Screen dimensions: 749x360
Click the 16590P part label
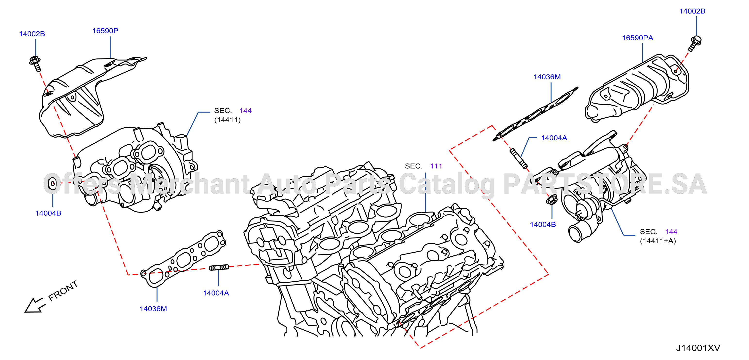click(x=105, y=31)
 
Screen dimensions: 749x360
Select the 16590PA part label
click(x=638, y=38)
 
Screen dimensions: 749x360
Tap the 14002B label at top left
click(x=32, y=34)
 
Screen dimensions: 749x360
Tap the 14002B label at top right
click(x=692, y=11)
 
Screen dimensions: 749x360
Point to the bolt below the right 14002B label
click(x=695, y=43)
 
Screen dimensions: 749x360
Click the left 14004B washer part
click(x=52, y=183)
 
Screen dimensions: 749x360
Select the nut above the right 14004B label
click(x=551, y=200)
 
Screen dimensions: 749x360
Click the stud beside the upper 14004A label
click(x=519, y=158)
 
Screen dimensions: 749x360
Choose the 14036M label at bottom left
click(x=153, y=309)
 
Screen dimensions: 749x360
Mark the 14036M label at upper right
click(x=547, y=77)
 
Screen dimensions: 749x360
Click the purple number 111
click(x=436, y=166)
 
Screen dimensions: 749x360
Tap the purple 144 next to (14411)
click(x=245, y=111)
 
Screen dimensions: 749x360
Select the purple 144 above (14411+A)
click(x=671, y=232)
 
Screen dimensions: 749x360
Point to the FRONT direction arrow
click(x=35, y=305)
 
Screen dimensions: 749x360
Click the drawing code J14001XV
click(x=698, y=348)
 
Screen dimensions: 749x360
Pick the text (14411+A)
click(x=658, y=241)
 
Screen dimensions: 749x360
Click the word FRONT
click(x=63, y=291)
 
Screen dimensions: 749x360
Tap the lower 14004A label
click(x=216, y=293)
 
